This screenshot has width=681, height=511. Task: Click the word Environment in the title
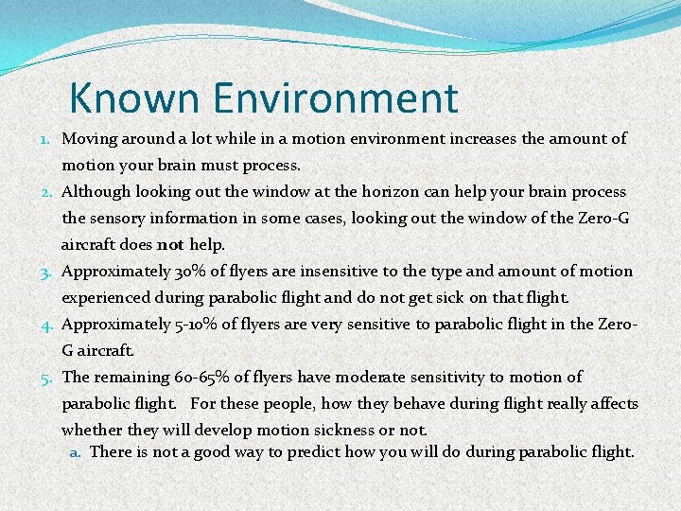click(336, 97)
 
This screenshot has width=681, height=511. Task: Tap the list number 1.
click(47, 139)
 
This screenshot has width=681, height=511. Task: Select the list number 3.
click(47, 272)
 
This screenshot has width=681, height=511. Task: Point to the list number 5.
click(47, 378)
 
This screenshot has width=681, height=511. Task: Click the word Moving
click(90, 139)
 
